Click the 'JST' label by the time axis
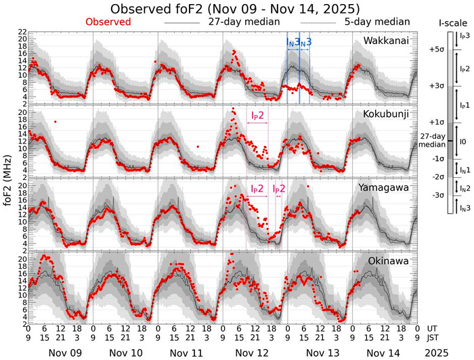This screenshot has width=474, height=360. [x=435, y=338]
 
